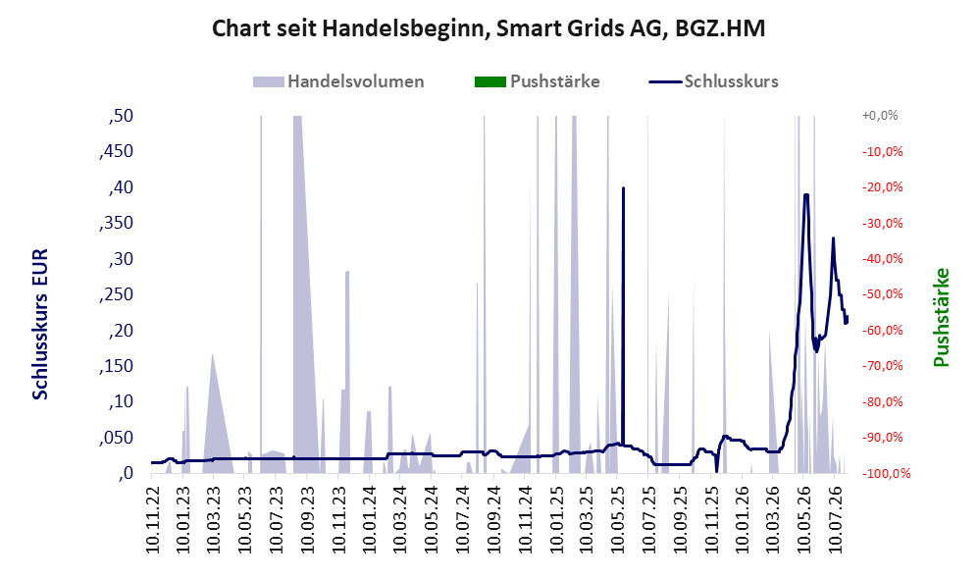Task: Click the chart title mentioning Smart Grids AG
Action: (489, 28)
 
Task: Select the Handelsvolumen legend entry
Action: (338, 81)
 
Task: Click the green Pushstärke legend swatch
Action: (490, 81)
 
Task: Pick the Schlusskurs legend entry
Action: (713, 81)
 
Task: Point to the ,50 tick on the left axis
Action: (121, 116)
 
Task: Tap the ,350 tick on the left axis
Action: (116, 223)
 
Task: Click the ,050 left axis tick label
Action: (116, 438)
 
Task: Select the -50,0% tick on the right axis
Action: (882, 294)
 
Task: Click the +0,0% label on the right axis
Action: (880, 116)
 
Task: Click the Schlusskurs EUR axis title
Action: (40, 324)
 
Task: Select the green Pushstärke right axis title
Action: (941, 317)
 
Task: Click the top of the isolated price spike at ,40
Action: (623, 187)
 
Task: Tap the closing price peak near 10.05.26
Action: (806, 195)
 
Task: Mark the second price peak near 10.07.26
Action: (833, 237)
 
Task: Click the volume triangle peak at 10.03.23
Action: (213, 355)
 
